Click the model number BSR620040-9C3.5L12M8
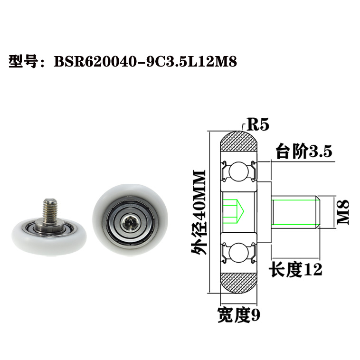coord(145,62)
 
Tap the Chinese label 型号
coord(23,62)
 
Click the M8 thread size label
coord(342,212)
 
